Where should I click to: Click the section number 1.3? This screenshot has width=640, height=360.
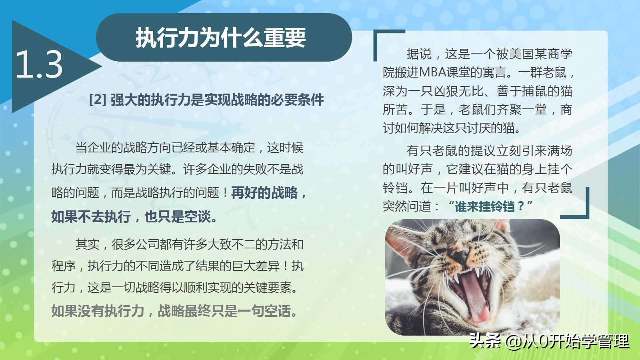click(x=39, y=64)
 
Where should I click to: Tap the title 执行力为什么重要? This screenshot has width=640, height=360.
click(x=220, y=38)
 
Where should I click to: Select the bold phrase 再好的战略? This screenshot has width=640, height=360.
click(x=264, y=192)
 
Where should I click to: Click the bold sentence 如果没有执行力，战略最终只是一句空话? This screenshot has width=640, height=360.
click(x=174, y=311)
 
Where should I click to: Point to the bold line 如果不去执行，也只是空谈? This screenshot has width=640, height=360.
click(x=134, y=216)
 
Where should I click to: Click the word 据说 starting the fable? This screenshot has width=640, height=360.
click(x=419, y=54)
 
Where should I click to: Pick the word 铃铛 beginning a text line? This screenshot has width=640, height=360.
click(x=395, y=188)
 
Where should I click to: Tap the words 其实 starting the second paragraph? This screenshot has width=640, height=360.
click(x=88, y=244)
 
